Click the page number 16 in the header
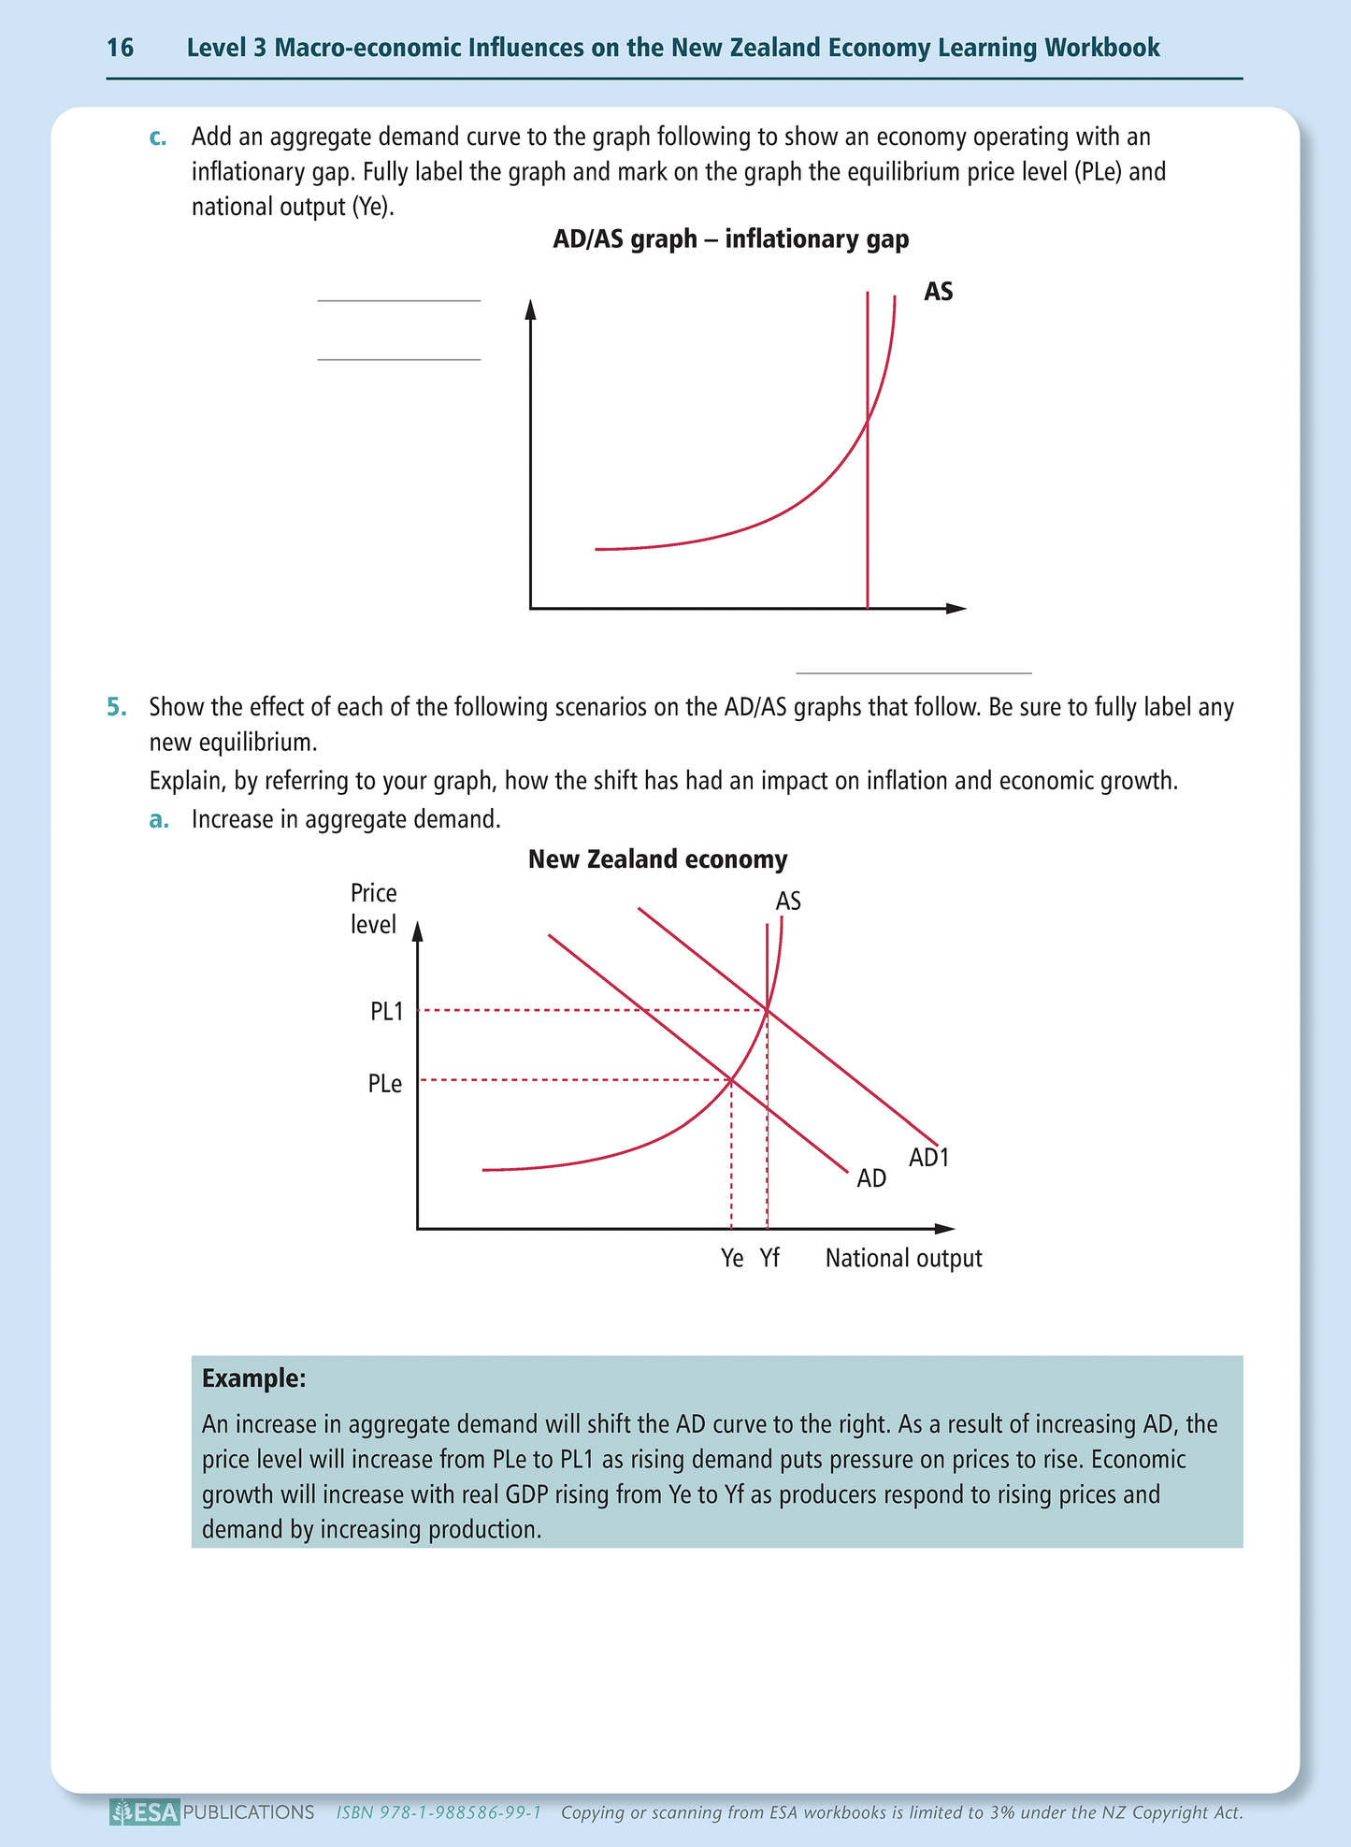pos(121,48)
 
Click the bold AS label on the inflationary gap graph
pos(938,292)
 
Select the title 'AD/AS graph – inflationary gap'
pos(730,239)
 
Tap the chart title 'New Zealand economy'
pos(657,859)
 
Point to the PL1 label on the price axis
pos(386,1011)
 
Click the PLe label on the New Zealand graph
pos(385,1084)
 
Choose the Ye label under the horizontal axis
pos(732,1259)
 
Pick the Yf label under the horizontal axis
pos(769,1259)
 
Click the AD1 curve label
pos(928,1158)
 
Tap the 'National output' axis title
pos(903,1259)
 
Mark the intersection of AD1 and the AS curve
pos(767,1010)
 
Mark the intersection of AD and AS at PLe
pos(730,1080)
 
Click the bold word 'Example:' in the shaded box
pos(254,1378)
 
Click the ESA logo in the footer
pos(144,1812)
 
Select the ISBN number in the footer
pos(438,1812)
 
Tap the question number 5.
pos(116,707)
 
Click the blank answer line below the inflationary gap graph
pos(913,671)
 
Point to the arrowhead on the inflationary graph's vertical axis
pos(530,309)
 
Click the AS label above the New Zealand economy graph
pos(788,902)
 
